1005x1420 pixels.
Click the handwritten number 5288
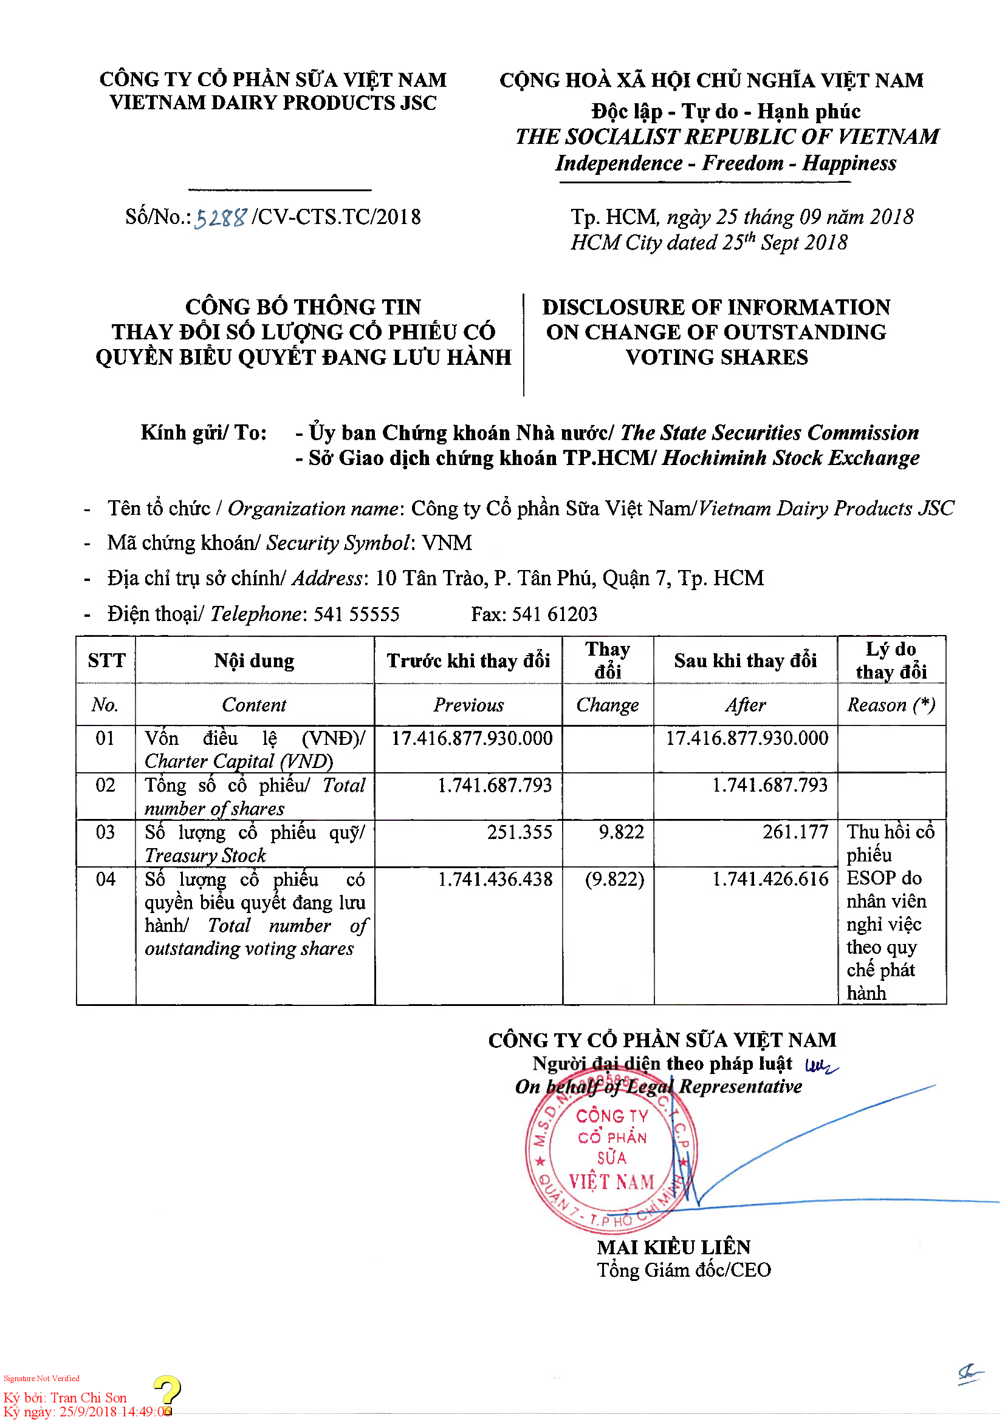click(x=221, y=218)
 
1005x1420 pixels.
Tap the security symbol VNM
click(x=447, y=543)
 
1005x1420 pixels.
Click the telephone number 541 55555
click(x=357, y=614)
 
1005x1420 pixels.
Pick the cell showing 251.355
click(x=519, y=832)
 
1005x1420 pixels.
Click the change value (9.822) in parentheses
click(x=614, y=880)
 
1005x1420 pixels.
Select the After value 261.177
click(x=795, y=832)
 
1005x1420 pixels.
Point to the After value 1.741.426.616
click(x=770, y=880)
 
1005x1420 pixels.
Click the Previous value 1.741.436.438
click(x=495, y=880)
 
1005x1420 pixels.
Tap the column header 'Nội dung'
click(x=255, y=661)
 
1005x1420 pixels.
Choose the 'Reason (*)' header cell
click(x=891, y=705)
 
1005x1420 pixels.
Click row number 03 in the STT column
click(x=105, y=832)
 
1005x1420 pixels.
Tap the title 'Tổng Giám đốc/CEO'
click(x=684, y=1270)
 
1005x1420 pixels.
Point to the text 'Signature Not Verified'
click(x=41, y=1379)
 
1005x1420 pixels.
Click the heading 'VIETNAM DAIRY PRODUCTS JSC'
click(x=273, y=103)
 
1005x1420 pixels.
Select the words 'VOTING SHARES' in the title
click(x=716, y=358)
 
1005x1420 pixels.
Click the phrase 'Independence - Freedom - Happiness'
click(x=725, y=163)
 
